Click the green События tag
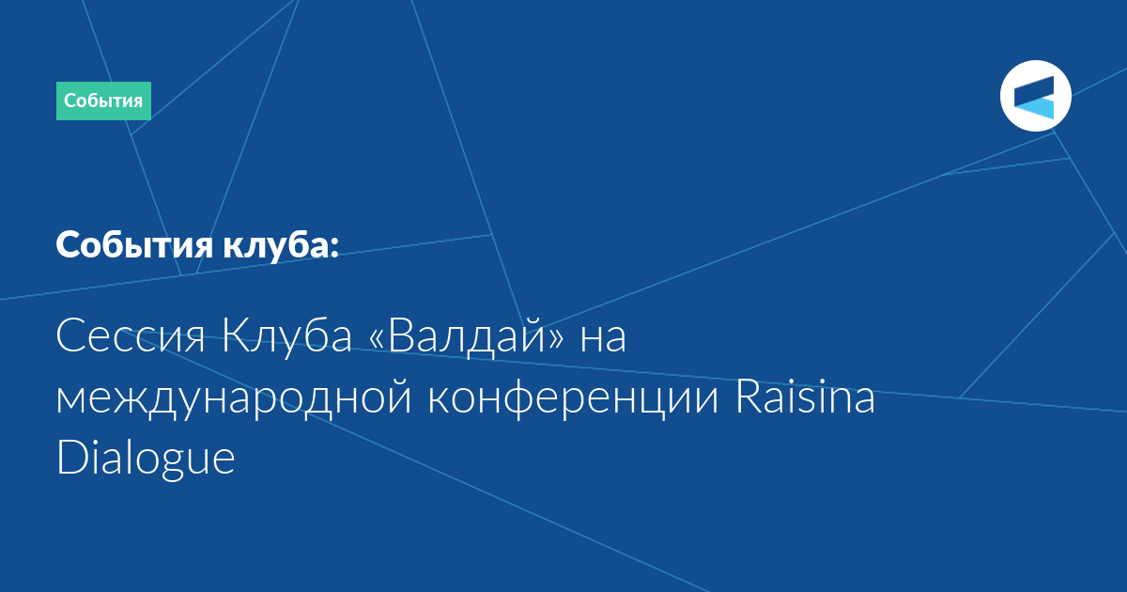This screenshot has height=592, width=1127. pyautogui.click(x=103, y=101)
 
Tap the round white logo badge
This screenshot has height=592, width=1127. pyautogui.click(x=1035, y=96)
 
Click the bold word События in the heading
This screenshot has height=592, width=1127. pyautogui.click(x=135, y=244)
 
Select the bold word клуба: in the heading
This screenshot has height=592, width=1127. pyautogui.click(x=281, y=244)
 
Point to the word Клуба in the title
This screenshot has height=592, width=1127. pyautogui.click(x=286, y=335)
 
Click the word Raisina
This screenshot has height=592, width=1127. pyautogui.click(x=805, y=397)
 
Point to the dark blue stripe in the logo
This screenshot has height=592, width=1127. pyautogui.click(x=1034, y=91)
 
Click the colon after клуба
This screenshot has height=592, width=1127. pyautogui.click(x=335, y=248)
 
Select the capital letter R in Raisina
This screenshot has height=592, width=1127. pyautogui.click(x=749, y=397)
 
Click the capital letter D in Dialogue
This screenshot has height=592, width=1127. pyautogui.click(x=73, y=457)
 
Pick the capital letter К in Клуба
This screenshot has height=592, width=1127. pyautogui.click(x=237, y=336)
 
